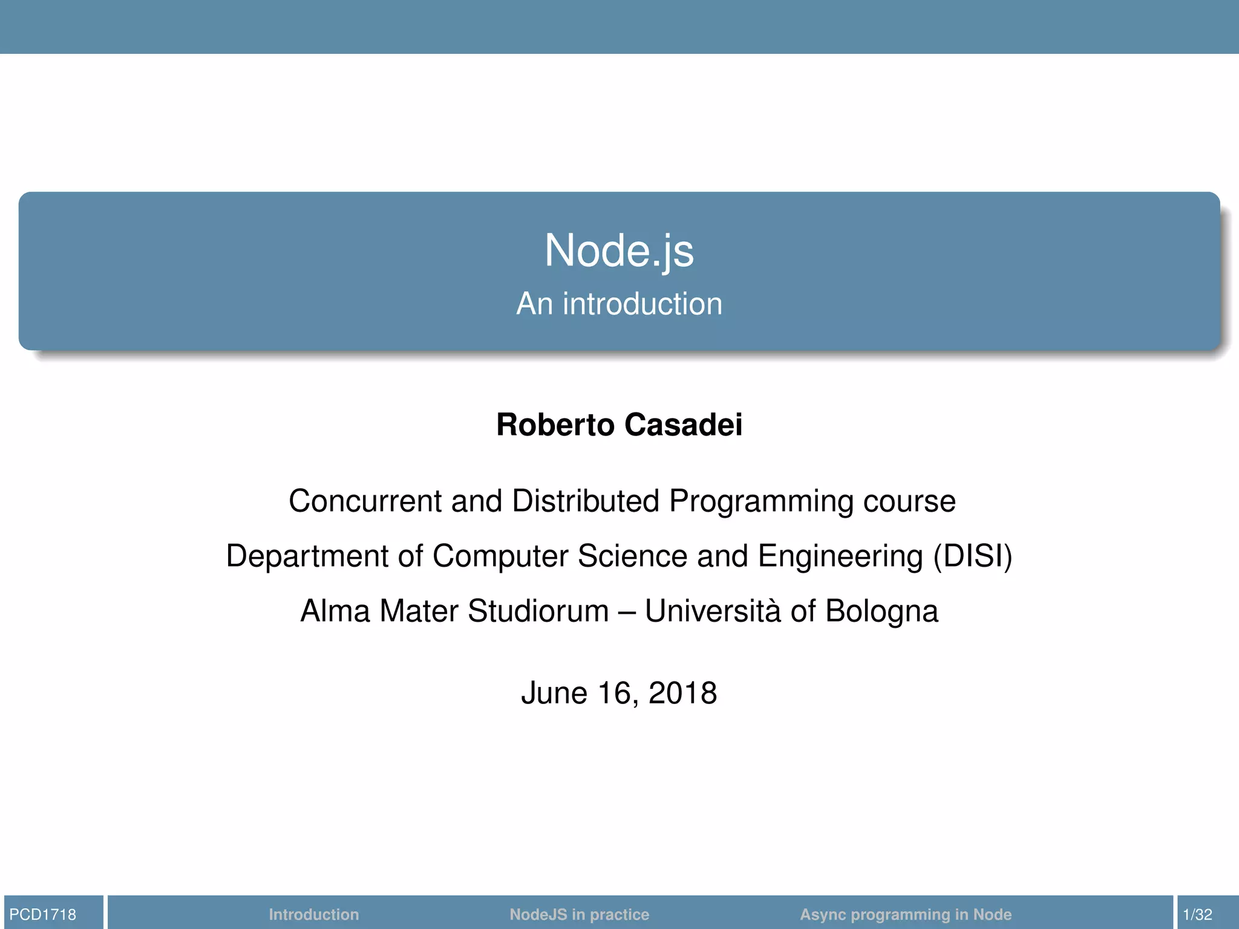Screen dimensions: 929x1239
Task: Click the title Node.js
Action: [x=619, y=250]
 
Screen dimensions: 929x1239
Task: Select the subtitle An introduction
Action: [x=619, y=304]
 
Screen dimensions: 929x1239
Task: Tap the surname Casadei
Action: [x=683, y=425]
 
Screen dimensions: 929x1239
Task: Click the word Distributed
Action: [x=585, y=501]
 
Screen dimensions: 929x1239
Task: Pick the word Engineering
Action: [x=840, y=556]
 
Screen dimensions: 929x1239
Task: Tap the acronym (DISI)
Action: [x=972, y=556]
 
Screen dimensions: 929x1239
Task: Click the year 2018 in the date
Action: [x=682, y=693]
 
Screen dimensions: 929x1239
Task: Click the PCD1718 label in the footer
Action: [x=43, y=914]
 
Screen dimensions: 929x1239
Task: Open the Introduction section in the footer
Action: [x=313, y=914]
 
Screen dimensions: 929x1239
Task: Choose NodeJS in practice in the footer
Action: [x=579, y=914]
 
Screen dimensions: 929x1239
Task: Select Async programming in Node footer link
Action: [x=906, y=914]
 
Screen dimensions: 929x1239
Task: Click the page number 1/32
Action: [x=1197, y=914]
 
